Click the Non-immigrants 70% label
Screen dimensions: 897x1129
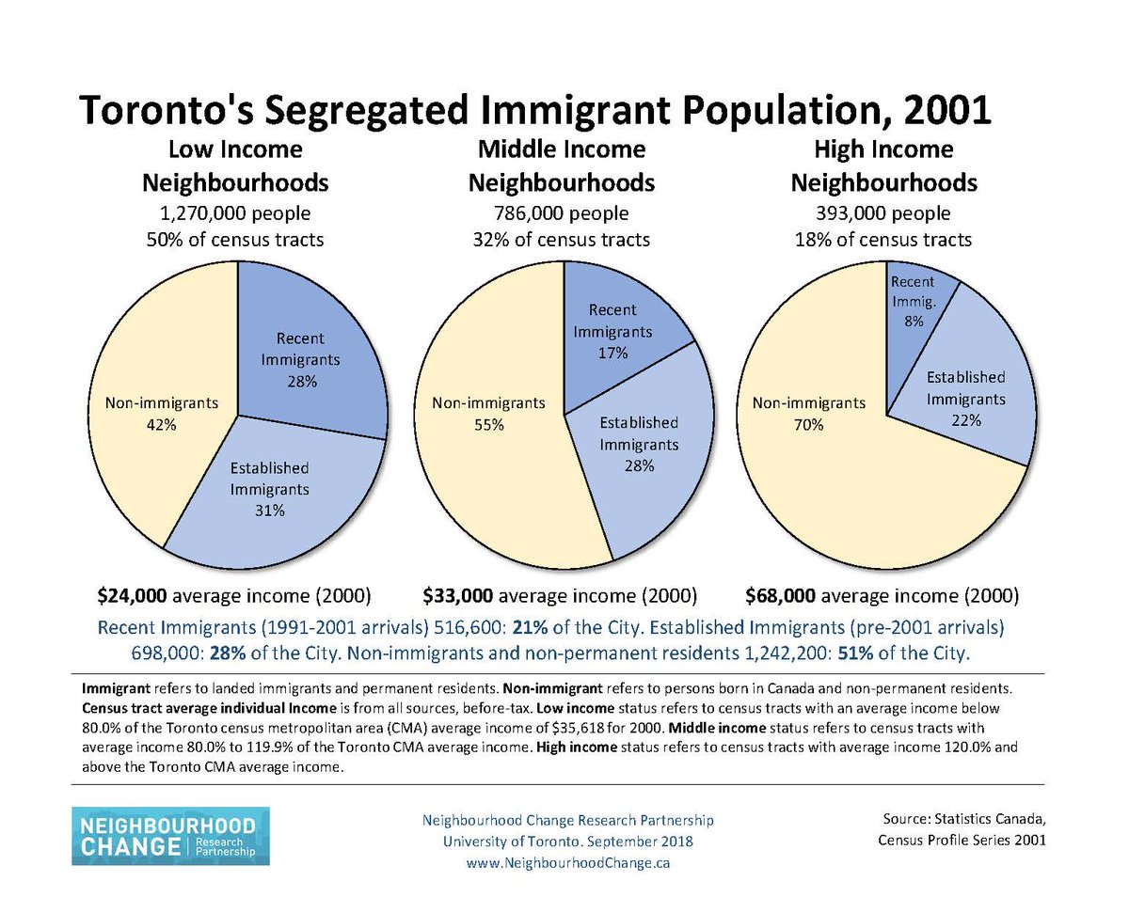[808, 414]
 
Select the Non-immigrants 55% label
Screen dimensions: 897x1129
[488, 414]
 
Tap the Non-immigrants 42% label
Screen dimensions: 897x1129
[162, 414]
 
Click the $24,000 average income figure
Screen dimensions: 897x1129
[133, 595]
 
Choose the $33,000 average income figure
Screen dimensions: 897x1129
[457, 595]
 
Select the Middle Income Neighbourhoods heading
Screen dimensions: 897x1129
[562, 165]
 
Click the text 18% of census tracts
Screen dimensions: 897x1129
[883, 239]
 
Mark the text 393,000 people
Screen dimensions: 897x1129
[883, 212]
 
